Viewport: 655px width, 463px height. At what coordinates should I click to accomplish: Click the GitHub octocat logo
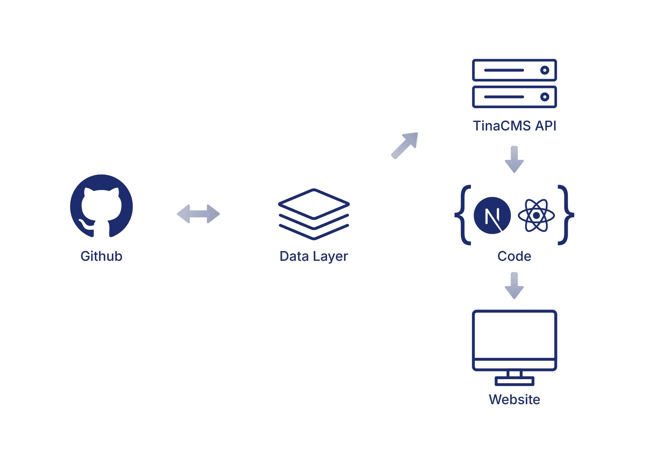click(101, 206)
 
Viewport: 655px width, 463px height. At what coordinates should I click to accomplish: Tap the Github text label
click(101, 256)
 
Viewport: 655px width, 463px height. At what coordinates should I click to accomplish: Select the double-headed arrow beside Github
click(198, 214)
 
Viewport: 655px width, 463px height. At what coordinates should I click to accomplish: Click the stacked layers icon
click(314, 214)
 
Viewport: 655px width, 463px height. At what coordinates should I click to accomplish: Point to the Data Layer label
click(314, 256)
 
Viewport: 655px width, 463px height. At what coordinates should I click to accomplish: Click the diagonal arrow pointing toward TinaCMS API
click(405, 145)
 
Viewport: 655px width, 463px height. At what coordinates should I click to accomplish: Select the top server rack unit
click(514, 70)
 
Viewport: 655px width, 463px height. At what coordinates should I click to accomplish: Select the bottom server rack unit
click(514, 97)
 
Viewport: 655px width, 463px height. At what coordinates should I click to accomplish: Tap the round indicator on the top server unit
click(544, 70)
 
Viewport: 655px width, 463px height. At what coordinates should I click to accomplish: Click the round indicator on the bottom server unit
click(544, 97)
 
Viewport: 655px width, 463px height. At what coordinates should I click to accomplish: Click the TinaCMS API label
click(514, 126)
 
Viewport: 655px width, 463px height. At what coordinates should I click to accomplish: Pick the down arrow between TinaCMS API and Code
click(514, 159)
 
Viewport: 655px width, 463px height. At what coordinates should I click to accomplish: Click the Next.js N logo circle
click(492, 215)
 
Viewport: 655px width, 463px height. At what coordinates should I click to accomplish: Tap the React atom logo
click(536, 215)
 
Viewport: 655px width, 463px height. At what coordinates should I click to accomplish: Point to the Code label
click(514, 256)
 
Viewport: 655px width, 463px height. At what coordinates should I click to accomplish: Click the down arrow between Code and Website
click(514, 286)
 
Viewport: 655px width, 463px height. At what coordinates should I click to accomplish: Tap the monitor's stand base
click(514, 381)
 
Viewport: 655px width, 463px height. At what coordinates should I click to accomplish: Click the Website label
click(514, 399)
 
